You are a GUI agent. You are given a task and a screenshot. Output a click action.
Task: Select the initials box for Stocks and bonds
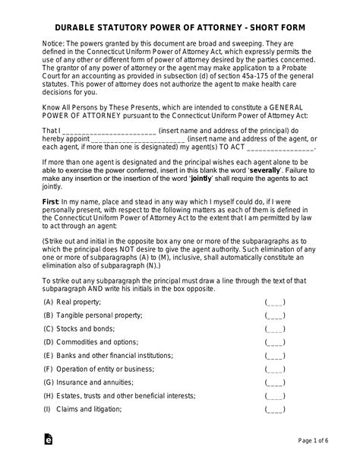click(275, 329)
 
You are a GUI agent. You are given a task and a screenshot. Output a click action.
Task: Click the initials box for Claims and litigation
click(275, 409)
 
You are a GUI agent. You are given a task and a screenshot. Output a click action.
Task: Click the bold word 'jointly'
click(199, 179)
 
